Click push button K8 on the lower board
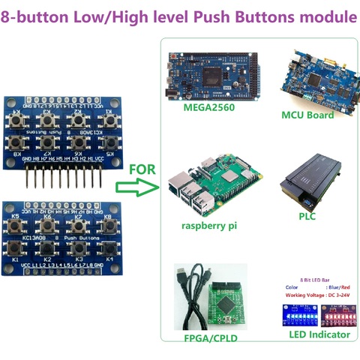[107, 226]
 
